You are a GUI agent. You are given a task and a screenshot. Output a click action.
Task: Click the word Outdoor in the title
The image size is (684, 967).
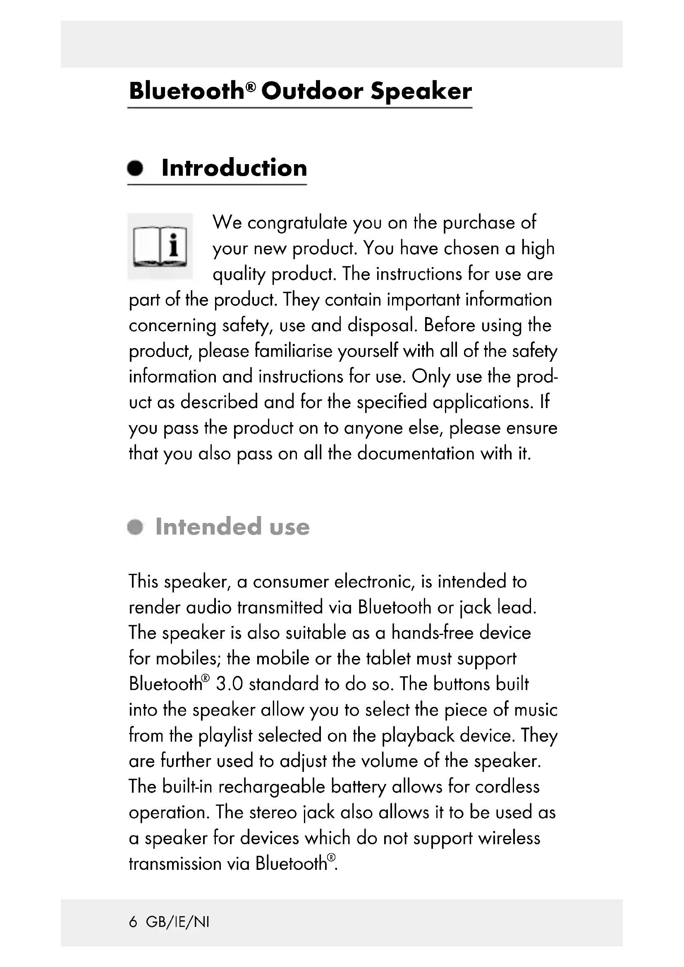point(312,91)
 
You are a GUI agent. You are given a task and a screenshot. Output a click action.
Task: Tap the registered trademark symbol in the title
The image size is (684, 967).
point(251,86)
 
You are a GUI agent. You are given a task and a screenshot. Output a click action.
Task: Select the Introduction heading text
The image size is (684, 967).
point(234,168)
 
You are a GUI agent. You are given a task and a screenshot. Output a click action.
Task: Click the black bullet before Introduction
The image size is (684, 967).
point(135,168)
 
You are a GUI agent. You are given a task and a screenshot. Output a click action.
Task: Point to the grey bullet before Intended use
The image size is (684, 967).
point(135,527)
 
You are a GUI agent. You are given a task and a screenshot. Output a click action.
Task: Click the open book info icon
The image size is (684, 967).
point(160,246)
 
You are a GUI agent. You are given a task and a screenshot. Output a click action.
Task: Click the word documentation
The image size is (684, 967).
point(416,454)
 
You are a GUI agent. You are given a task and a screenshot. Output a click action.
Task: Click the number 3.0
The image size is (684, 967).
point(230,684)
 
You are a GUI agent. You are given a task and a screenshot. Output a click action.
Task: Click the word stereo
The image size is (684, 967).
point(273,812)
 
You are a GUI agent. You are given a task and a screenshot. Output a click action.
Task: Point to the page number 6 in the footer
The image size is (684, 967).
point(133,922)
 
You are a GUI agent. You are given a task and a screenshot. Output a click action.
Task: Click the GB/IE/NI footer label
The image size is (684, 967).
point(177,922)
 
